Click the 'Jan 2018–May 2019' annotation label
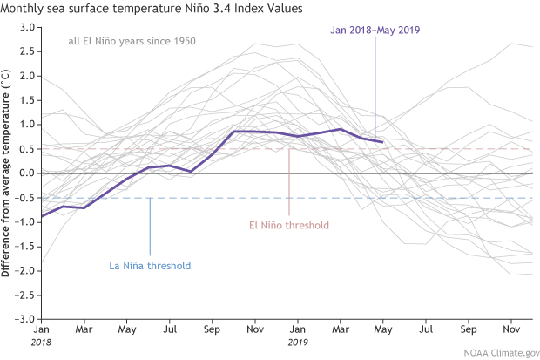375,29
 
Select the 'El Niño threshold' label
287,226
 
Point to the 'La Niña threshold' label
150,266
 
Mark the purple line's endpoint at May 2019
382,141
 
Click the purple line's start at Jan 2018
42,215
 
